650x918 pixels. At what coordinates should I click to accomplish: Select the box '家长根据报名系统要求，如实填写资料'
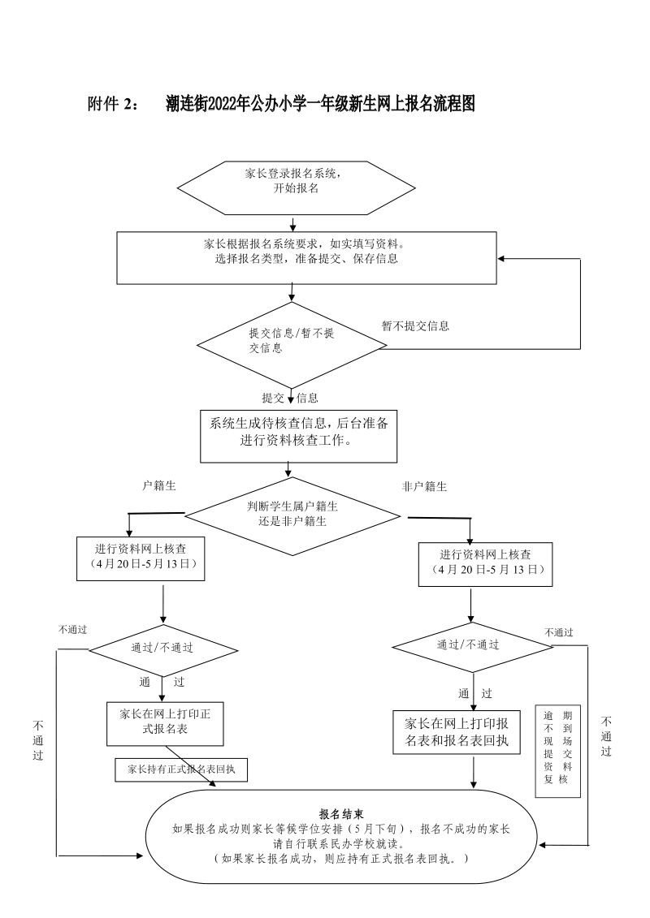coord(306,258)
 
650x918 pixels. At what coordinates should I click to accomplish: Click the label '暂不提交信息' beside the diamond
coord(415,326)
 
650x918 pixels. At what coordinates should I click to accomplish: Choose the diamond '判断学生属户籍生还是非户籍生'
coord(292,514)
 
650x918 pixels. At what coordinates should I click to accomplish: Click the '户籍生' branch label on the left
coord(159,485)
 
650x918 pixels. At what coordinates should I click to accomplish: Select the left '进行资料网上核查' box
coord(141,558)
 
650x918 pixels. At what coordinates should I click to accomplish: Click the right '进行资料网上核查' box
coord(486,562)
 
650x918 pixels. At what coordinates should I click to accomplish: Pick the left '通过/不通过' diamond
coord(162,648)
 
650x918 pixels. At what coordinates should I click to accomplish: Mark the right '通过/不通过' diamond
coord(472,644)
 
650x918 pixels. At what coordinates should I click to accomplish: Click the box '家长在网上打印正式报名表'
coord(165,722)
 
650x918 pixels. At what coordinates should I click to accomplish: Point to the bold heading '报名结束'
coord(340,814)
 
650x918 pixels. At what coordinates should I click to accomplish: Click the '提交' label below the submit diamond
coord(272,398)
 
